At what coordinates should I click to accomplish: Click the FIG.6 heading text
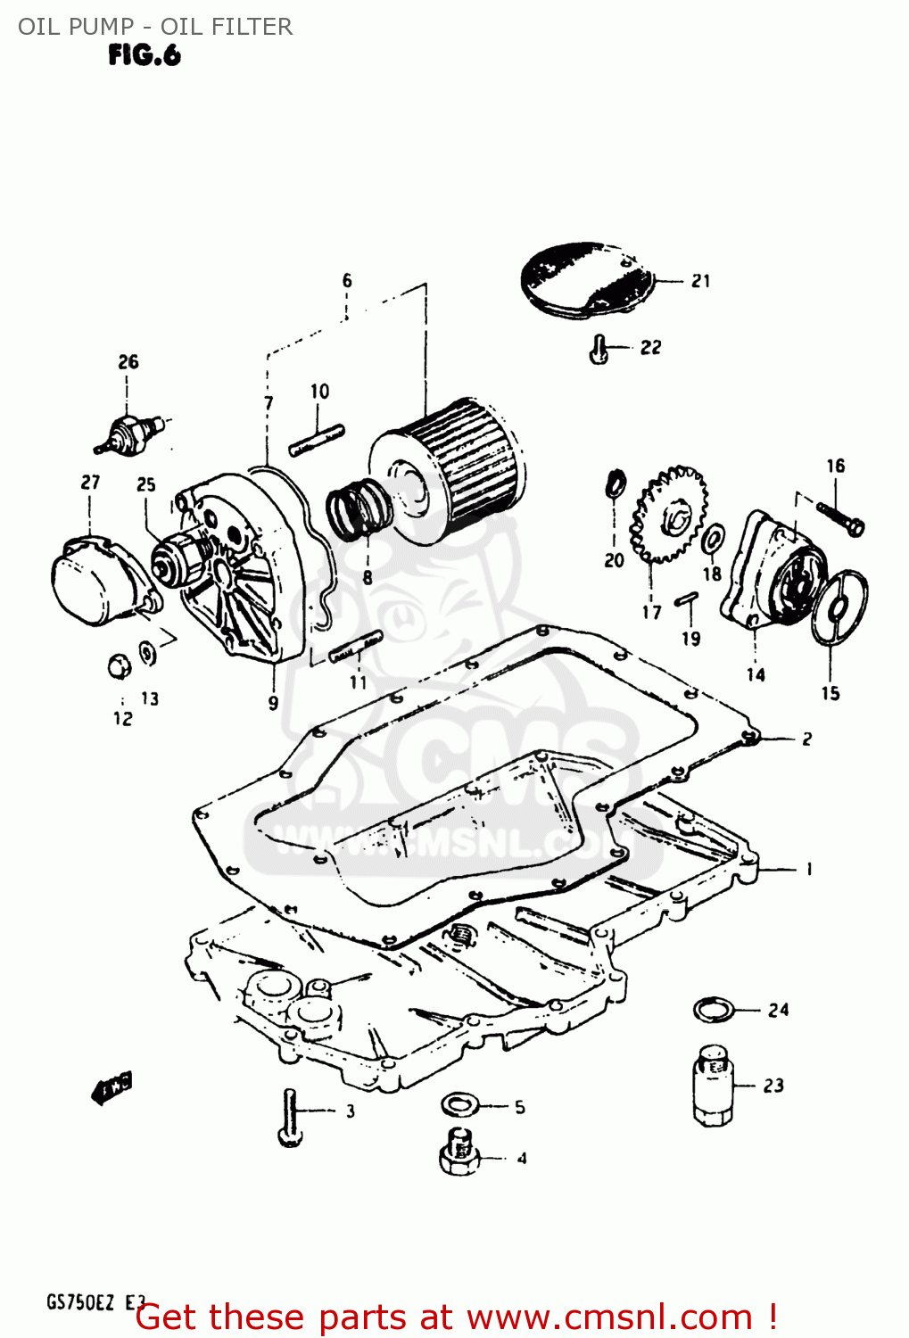(x=145, y=55)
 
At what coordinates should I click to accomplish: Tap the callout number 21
(x=701, y=281)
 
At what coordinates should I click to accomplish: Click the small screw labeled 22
(x=599, y=350)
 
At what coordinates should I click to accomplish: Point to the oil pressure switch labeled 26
(x=129, y=432)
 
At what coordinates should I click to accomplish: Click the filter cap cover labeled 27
(x=94, y=580)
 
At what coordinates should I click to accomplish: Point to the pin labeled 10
(x=317, y=441)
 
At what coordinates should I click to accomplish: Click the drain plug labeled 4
(x=459, y=1154)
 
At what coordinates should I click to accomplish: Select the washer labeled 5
(x=459, y=1105)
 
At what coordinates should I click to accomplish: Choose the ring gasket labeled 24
(x=715, y=1010)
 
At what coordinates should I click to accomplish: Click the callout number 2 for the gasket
(x=806, y=739)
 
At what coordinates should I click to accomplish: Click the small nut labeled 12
(x=118, y=665)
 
